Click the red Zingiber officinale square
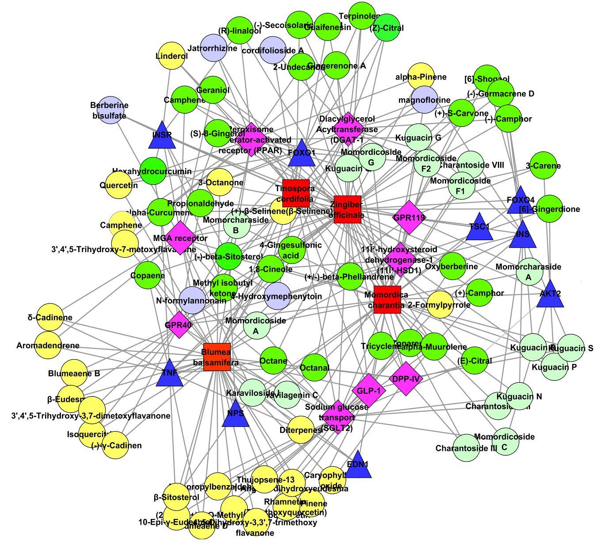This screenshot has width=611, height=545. [348, 209]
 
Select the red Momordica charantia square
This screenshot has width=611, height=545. [387, 300]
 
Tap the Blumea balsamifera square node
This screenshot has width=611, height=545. [217, 357]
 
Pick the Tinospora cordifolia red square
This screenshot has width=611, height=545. [296, 193]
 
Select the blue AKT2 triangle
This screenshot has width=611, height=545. [550, 295]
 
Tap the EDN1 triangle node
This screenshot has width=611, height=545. [358, 466]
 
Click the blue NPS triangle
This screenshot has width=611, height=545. [235, 415]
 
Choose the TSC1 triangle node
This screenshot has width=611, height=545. [480, 228]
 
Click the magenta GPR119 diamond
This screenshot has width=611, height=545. [409, 217]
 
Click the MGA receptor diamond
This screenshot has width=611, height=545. [180, 238]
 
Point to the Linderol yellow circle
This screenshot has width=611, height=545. [172, 56]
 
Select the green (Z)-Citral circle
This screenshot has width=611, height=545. [387, 27]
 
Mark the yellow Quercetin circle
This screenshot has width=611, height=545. [118, 185]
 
